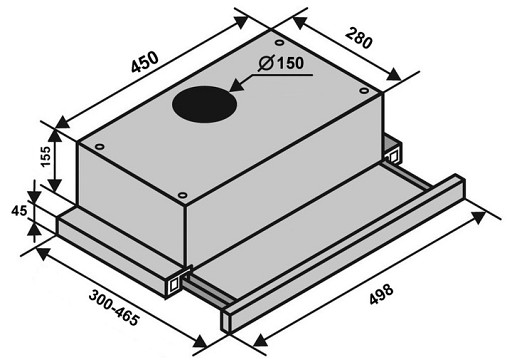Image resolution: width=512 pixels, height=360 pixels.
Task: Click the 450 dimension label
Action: click(145, 62)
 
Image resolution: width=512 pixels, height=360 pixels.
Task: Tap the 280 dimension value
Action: click(358, 38)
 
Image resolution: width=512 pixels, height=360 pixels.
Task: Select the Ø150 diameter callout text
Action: click(281, 63)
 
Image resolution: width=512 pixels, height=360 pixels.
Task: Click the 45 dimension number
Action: click(19, 211)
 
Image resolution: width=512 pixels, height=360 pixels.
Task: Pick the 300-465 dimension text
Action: click(114, 308)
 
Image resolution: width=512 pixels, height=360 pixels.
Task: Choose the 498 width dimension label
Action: click(381, 294)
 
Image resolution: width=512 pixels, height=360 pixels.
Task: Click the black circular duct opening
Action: click(204, 104)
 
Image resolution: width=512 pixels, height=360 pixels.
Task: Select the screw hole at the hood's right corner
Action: click(364, 90)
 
